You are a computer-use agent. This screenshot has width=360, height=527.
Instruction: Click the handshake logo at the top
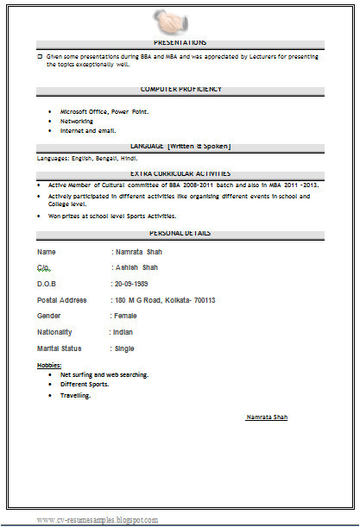[179, 19]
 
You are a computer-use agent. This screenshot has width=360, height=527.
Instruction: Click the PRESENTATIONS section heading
[180, 42]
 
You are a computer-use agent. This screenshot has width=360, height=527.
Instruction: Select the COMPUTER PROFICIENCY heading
[180, 89]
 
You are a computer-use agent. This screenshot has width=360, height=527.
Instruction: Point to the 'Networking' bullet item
[77, 122]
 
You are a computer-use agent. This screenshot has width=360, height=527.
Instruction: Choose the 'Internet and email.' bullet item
[87, 130]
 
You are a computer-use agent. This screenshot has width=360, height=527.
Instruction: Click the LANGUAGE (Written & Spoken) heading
[180, 147]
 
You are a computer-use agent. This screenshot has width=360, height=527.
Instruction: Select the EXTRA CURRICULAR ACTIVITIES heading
[180, 173]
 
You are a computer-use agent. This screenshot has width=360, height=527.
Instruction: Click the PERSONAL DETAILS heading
[180, 233]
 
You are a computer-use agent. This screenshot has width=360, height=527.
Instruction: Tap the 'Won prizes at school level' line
[112, 216]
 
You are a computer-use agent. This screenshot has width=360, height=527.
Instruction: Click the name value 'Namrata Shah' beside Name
[139, 252]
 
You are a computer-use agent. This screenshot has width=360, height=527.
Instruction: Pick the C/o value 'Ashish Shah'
[136, 267]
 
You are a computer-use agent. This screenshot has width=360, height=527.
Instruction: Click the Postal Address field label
[62, 300]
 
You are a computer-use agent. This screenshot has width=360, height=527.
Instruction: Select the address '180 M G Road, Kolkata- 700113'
[167, 300]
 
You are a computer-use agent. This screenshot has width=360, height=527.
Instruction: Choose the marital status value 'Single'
[125, 348]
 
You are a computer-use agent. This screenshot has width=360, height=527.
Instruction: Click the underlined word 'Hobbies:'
[49, 366]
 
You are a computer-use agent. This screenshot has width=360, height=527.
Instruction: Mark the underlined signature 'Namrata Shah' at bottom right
[267, 417]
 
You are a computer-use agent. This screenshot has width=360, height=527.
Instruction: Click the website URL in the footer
[97, 520]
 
